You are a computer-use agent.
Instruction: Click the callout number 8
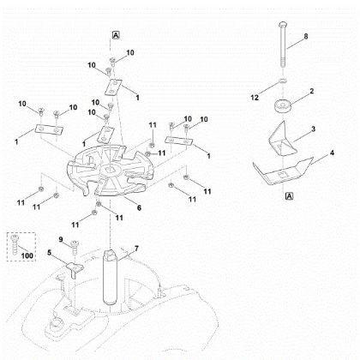click(306, 37)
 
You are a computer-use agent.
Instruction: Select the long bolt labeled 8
click(282, 45)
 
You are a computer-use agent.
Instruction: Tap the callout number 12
click(255, 98)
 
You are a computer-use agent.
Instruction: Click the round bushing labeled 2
click(282, 107)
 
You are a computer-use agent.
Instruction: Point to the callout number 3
click(314, 129)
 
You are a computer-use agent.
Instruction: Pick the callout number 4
click(332, 153)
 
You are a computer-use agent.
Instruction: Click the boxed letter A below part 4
click(290, 196)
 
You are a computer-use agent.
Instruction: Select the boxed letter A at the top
click(116, 35)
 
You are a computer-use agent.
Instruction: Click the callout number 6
click(139, 207)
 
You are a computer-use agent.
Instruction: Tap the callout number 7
click(136, 249)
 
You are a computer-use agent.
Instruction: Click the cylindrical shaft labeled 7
click(110, 278)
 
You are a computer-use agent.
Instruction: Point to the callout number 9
click(61, 239)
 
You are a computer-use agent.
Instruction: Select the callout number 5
click(49, 253)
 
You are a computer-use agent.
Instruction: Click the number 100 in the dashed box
click(27, 255)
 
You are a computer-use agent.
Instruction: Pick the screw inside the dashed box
click(14, 244)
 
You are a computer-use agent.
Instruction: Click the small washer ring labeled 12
click(282, 81)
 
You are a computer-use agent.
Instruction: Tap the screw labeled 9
click(75, 248)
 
